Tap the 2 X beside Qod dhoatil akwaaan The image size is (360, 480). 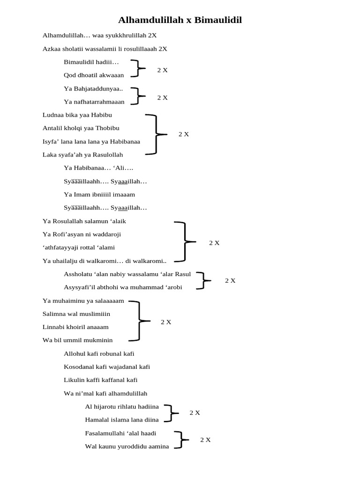point(162,70)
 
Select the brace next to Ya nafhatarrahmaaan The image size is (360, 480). point(136,96)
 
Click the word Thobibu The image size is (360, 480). point(108,128)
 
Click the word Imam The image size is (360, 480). point(81,195)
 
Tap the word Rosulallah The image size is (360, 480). point(69,221)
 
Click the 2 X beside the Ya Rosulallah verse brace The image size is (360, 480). point(214,243)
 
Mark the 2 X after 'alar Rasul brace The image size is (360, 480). point(230,280)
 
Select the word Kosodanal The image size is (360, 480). point(80,367)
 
